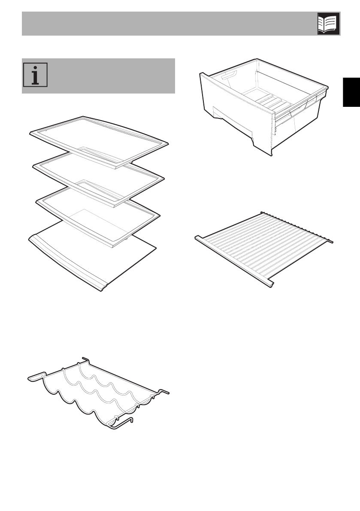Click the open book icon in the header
328,23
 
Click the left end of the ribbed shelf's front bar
198,237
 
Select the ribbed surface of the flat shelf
262,249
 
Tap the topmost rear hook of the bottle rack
85,360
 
